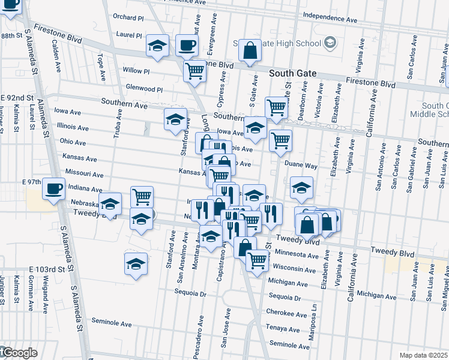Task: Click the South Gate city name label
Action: [292, 73]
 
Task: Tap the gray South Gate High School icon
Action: [330, 43]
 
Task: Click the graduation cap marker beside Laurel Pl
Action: [157, 46]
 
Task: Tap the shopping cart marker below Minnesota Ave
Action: [257, 261]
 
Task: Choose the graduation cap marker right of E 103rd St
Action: [136, 263]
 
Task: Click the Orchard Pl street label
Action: [128, 18]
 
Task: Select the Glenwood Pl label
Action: [144, 88]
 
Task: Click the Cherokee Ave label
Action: [287, 313]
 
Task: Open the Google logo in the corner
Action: [19, 353]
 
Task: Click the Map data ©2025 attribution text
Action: [423, 355]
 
